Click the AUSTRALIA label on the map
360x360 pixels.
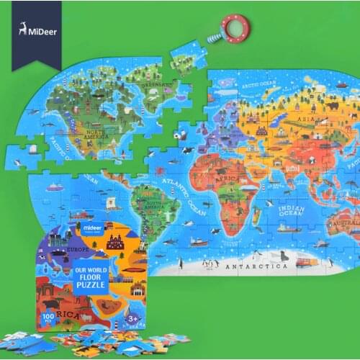[x=344, y=225]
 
